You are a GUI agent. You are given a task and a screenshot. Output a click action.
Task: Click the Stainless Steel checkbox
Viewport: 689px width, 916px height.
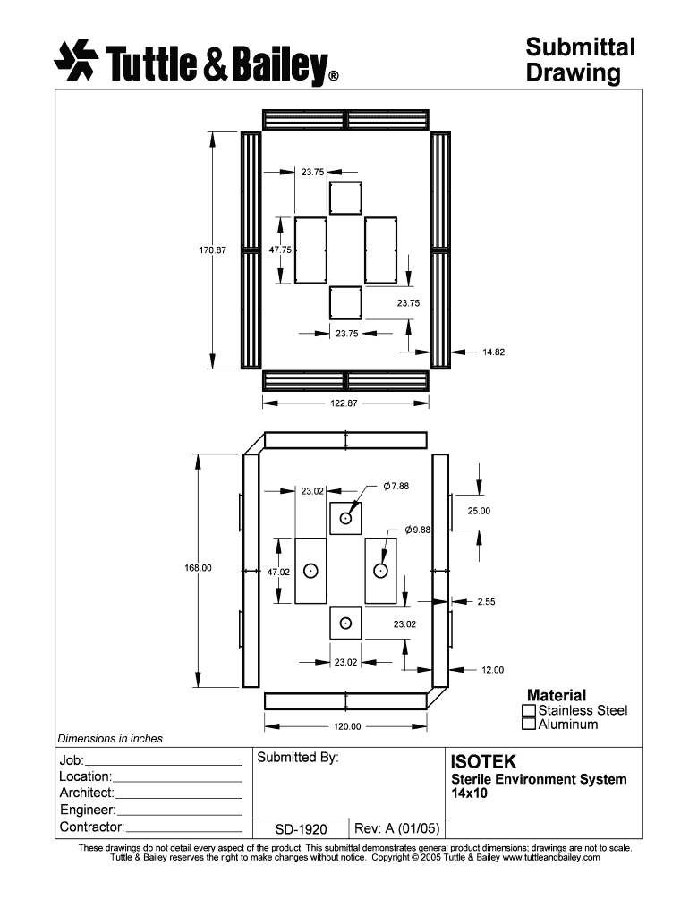[529, 710]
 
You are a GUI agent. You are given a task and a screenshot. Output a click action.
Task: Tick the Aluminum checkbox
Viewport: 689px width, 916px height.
[529, 725]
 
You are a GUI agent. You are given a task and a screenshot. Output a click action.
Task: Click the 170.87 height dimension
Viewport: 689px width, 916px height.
[213, 250]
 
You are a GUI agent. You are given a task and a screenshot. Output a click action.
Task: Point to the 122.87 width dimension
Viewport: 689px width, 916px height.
[344, 403]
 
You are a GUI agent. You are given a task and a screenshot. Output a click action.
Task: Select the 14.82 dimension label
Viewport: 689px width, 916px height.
[493, 352]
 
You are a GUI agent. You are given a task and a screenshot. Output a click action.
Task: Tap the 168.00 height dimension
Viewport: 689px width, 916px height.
[198, 568]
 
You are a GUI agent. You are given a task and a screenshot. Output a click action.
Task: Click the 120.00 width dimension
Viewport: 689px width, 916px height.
[347, 726]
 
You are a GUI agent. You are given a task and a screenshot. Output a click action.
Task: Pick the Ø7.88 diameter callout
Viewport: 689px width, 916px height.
[396, 486]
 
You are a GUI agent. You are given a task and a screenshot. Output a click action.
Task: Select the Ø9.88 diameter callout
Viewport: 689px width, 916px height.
[417, 530]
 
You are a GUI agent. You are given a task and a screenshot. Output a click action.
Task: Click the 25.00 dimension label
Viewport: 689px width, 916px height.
[479, 511]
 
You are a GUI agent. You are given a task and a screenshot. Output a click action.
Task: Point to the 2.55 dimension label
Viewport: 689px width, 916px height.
[486, 602]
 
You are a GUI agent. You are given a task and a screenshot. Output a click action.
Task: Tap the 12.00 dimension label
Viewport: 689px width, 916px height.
[493, 670]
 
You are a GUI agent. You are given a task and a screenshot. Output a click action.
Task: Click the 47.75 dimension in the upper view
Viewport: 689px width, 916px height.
[280, 250]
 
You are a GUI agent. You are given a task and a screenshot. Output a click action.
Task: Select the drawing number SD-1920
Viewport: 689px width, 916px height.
[301, 829]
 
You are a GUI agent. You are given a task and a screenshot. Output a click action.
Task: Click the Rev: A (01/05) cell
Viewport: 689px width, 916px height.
[396, 828]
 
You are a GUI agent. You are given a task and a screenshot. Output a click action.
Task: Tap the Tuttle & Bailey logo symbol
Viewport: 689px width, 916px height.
[76, 60]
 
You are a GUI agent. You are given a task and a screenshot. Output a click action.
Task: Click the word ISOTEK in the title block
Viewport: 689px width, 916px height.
[483, 762]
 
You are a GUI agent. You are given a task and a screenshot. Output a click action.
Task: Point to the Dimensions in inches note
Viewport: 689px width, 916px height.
[110, 739]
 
